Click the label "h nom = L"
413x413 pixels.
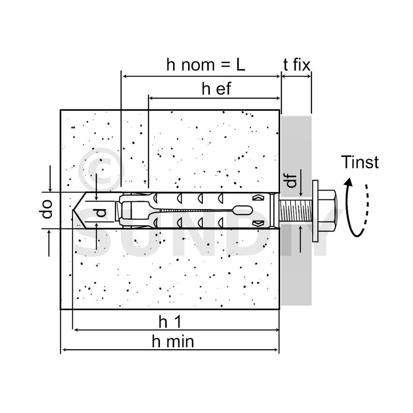pos(206,65)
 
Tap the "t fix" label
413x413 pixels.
pos(297,65)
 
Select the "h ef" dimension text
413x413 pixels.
pos(216,89)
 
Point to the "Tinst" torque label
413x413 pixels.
pos(359,162)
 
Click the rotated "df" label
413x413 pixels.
pos(292,181)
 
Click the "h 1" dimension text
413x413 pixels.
pos(169,322)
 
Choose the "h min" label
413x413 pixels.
pos(173,342)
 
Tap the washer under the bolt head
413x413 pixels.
pos(314,210)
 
